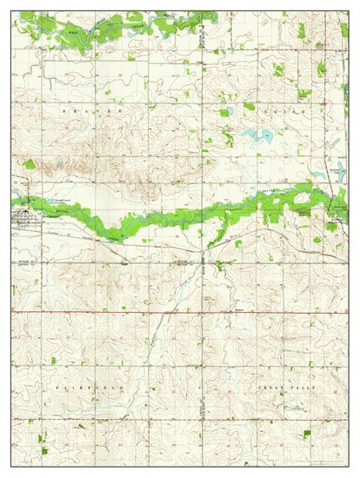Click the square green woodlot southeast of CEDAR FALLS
click(307, 433)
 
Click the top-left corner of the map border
click(11, 11)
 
